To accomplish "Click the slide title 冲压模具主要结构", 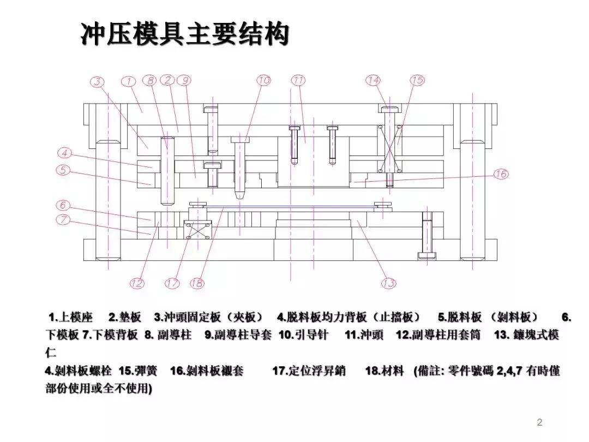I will point(184,34).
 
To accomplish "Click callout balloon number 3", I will point(97,82).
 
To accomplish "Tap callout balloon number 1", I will point(128,82).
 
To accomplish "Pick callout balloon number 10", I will point(263,80).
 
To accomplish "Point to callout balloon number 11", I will point(298,80).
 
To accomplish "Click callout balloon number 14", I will point(373,80).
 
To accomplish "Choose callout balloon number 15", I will point(417,80).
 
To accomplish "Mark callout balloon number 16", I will point(500,174).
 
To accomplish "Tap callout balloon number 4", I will point(64,153).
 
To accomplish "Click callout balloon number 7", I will point(64,219).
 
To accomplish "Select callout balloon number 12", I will point(137,283).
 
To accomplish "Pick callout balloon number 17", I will point(172,283).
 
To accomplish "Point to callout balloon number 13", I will point(388,283).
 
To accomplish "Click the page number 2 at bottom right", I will point(539,422).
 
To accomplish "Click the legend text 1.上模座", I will point(71,318).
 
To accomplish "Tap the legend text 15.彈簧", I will point(138,371).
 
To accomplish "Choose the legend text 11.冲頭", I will point(364,335).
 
